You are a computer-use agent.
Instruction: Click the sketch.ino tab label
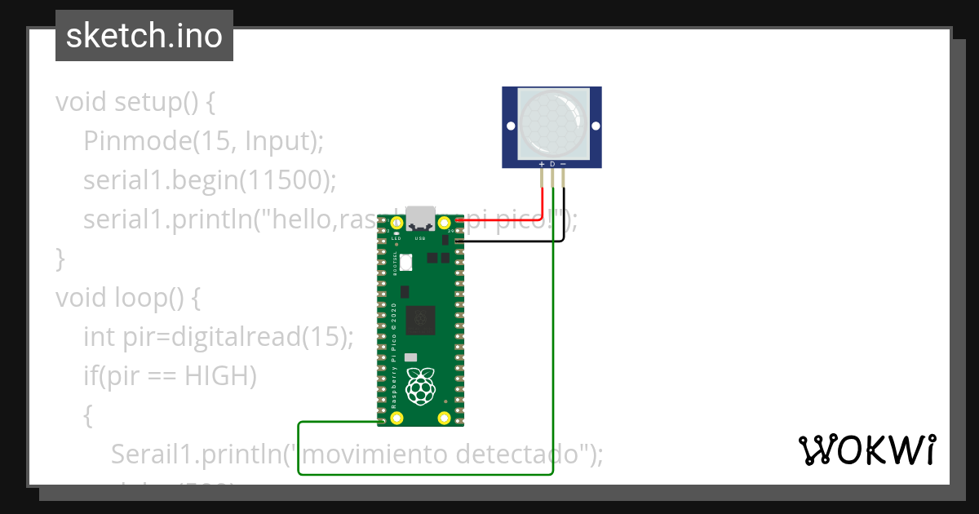[144, 36]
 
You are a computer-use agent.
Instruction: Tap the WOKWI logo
[866, 450]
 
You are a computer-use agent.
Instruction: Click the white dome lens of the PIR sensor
[552, 125]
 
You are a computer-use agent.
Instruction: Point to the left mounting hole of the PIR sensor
[511, 126]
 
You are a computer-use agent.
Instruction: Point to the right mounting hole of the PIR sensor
[596, 126]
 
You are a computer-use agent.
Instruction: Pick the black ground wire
[563, 212]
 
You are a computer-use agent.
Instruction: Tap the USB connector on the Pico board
[421, 217]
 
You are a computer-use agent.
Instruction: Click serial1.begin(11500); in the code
[210, 180]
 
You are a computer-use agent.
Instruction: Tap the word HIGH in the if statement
[220, 376]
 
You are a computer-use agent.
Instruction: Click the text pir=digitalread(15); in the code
[238, 337]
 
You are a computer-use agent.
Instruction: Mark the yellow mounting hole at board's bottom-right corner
[445, 419]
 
